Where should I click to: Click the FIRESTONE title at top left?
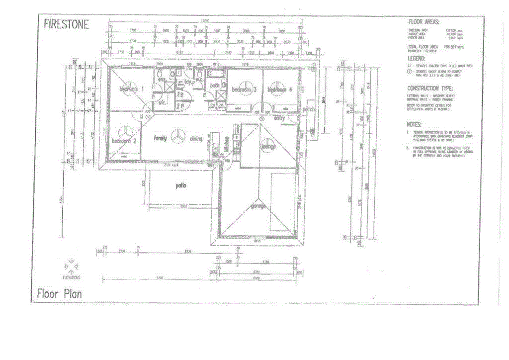click(67, 24)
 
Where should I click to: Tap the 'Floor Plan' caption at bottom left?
click(59, 294)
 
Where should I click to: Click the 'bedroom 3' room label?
click(244, 90)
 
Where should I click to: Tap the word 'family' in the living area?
click(160, 138)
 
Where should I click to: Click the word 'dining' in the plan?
click(196, 139)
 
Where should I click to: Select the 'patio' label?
click(180, 185)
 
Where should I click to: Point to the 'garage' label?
click(258, 205)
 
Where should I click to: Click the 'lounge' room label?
click(268, 147)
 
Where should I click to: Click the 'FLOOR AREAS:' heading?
click(424, 22)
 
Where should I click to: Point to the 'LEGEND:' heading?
click(417, 58)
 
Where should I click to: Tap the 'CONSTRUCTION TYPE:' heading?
click(430, 88)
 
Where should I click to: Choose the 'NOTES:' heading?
click(415, 124)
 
